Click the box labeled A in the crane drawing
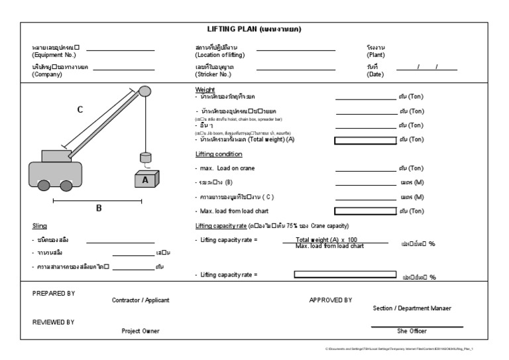pos(146,180)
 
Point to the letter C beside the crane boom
pos(80,110)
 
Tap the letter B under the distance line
pos(99,208)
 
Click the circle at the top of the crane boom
pos(145,91)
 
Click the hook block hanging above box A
pos(145,158)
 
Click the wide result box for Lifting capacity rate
pos(345,274)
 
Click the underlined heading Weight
pos(205,90)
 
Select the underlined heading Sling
pos(39,225)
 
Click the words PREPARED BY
pos(54,292)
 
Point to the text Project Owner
pos(141,331)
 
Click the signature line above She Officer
pos(417,326)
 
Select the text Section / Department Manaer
pos(412,308)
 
